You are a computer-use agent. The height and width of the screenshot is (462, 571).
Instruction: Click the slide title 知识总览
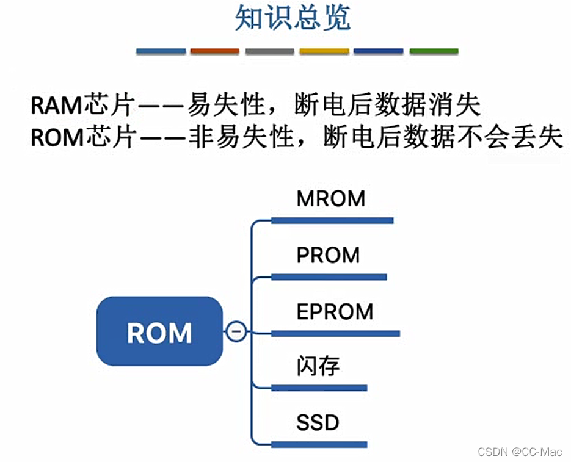293,18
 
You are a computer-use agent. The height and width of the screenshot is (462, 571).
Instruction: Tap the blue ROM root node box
159,331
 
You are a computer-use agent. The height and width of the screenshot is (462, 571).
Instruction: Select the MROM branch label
330,198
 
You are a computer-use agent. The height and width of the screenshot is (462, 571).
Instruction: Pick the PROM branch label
328,255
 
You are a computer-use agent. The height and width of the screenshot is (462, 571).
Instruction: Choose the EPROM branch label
335,312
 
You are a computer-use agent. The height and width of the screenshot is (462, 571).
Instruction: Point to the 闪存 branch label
318,366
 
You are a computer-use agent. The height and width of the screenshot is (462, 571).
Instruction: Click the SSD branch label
318,422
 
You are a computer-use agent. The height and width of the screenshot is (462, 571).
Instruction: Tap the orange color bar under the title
214,51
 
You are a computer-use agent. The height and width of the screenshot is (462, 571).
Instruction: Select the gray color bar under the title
269,51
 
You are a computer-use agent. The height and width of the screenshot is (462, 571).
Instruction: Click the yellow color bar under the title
324,51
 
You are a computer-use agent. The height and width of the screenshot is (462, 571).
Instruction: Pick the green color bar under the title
434,51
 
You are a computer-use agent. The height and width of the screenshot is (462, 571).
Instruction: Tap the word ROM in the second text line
56,137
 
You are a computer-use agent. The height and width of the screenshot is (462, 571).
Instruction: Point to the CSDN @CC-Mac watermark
520,452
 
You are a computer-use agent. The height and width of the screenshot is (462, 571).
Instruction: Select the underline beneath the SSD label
319,444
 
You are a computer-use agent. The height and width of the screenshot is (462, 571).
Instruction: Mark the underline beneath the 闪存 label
319,388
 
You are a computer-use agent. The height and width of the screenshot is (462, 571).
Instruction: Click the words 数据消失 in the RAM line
435,106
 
